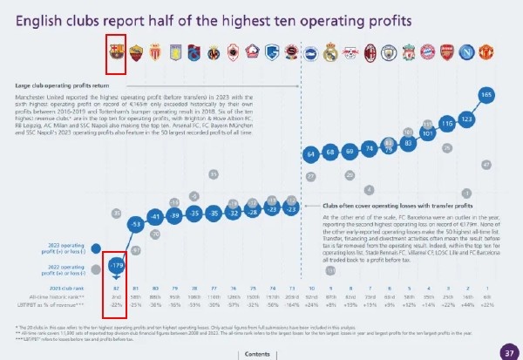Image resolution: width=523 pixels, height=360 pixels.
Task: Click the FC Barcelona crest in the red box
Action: tap(116, 53)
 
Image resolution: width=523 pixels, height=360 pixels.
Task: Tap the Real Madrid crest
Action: tap(330, 53)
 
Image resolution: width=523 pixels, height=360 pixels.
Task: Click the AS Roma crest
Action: tap(136, 53)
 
